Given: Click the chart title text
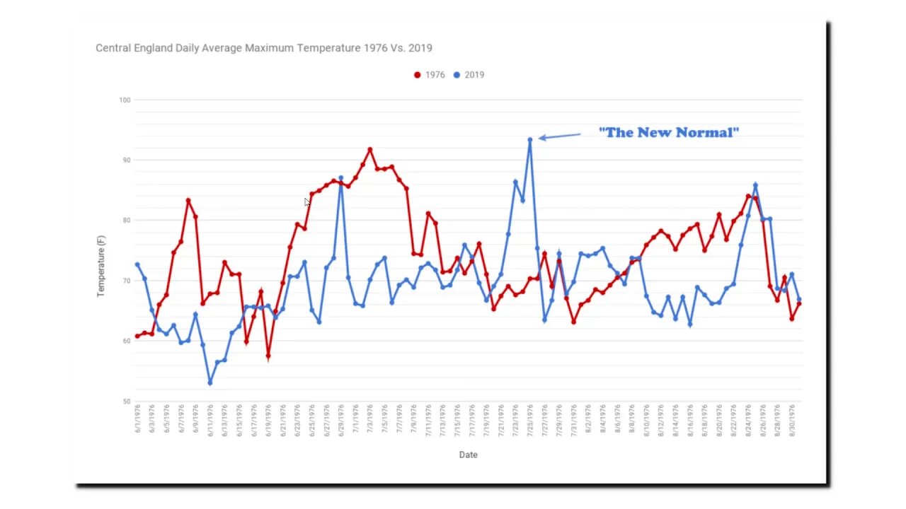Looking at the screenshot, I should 264,48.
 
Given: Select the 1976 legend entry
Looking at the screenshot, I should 430,75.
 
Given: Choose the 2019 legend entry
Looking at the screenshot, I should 469,75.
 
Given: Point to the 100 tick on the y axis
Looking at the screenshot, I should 125,100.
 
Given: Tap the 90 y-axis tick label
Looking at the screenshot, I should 126,160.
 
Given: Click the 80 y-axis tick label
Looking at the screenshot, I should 126,221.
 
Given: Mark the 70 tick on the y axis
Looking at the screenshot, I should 126,281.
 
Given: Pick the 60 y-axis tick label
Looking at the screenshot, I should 126,341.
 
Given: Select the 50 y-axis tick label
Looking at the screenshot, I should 126,402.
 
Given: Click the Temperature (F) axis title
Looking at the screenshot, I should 101,266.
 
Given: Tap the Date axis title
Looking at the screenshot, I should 468,455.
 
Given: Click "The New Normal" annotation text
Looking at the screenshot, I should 669,132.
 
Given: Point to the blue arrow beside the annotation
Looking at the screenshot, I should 559,136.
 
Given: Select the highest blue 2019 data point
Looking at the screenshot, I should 529,140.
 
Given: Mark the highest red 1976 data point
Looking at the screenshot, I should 369,150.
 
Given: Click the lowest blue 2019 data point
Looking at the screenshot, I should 210,382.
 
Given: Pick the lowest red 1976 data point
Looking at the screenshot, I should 268,356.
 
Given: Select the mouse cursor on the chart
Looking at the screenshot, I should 307,202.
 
